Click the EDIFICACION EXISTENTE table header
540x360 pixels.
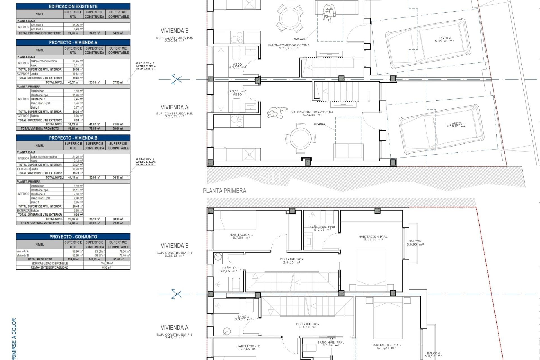tap(73, 6)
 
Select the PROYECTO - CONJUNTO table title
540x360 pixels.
tap(73, 237)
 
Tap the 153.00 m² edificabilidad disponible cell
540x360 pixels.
tap(107, 264)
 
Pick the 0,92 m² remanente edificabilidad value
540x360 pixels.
tap(107, 267)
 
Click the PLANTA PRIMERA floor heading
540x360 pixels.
tap(224, 191)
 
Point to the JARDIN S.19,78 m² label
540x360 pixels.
tap(444, 40)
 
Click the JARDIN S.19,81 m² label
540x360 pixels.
tap(456, 125)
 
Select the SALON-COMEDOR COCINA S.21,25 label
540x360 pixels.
tap(289, 47)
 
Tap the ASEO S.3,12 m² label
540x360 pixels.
tap(237, 66)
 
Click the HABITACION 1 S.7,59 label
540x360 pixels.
tap(241, 236)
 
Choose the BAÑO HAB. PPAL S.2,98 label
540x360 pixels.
tap(322, 228)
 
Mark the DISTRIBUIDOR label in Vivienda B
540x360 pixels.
tap(292, 261)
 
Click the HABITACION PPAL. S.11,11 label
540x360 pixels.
tap(373, 238)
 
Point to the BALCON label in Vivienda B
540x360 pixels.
tap(415, 243)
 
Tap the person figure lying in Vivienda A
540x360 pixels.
tap(277, 113)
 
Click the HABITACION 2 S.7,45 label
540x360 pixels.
tap(248, 348)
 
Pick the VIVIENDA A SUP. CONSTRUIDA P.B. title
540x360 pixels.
tap(174, 110)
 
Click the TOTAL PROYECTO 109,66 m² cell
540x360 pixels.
tap(73, 259)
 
